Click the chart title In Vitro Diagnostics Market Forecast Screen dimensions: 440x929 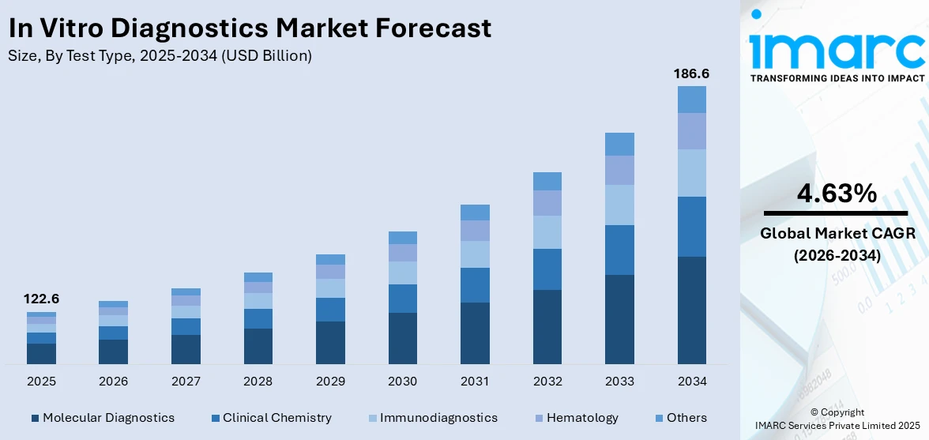pos(250,28)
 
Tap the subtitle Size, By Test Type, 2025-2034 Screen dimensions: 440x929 pos(160,56)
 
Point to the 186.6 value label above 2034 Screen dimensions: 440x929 pos(691,73)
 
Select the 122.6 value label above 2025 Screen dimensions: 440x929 pos(41,299)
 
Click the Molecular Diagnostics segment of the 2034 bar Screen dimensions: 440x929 pos(691,310)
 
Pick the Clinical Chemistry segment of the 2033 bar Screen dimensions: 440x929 pos(619,250)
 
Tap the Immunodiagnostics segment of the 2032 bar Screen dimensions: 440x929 pos(547,232)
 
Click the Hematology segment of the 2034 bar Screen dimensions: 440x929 pos(691,131)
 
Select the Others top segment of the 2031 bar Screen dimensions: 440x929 pos(475,212)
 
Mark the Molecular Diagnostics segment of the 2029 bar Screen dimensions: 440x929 pos(330,342)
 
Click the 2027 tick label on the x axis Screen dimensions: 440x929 pos(186,382)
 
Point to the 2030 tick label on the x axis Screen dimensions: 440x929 pos(402,382)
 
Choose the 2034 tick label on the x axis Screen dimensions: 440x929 pos(691,382)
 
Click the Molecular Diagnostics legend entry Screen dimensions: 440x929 pos(103,417)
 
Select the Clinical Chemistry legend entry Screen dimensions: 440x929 pos(272,417)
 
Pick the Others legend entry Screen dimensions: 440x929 pos(680,417)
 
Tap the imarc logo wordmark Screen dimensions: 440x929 pos(836,49)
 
